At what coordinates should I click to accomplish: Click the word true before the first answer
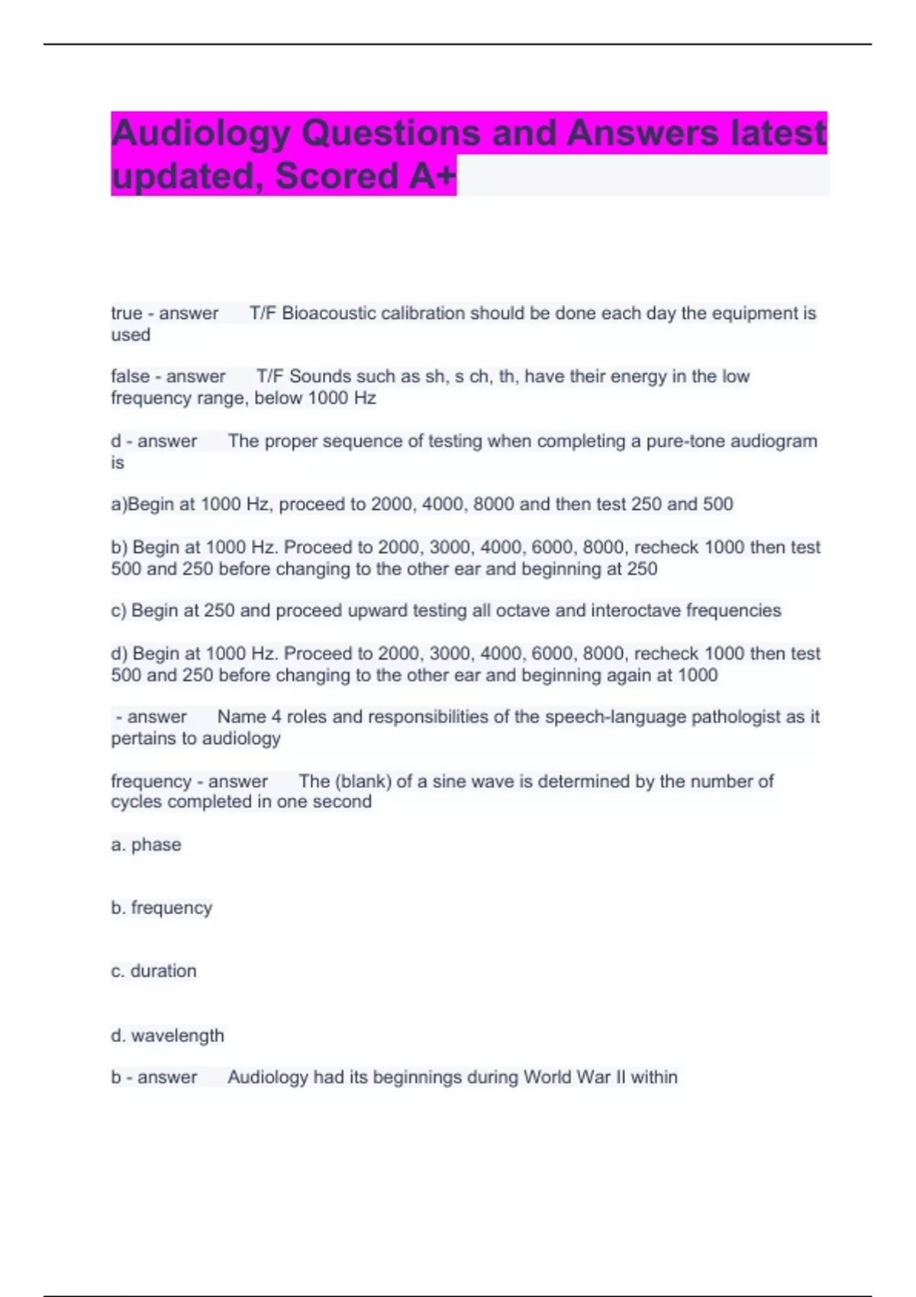(127, 314)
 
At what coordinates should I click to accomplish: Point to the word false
(131, 377)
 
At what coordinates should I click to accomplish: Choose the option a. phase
(146, 845)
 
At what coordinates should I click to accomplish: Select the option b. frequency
(161, 908)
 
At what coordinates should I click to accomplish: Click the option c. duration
(153, 971)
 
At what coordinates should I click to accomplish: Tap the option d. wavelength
(167, 1036)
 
